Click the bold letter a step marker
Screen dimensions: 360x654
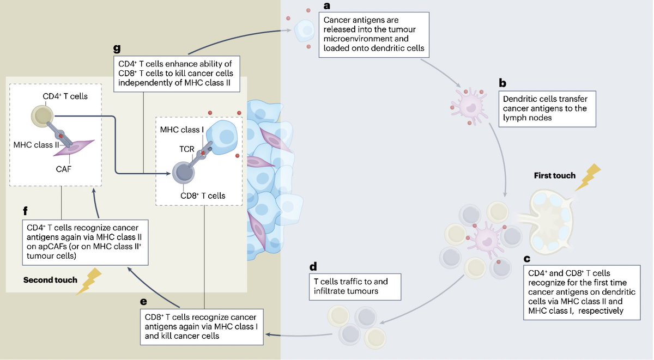(x=327, y=7)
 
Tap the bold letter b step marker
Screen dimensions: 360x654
(x=503, y=83)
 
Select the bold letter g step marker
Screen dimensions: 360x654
(x=117, y=47)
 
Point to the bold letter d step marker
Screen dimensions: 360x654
(x=313, y=267)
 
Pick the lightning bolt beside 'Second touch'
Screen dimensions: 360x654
(x=89, y=280)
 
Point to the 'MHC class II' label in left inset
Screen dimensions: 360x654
(x=36, y=144)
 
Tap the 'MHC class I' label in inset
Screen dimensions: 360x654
(x=182, y=129)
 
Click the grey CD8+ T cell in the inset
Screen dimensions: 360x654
(x=184, y=173)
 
